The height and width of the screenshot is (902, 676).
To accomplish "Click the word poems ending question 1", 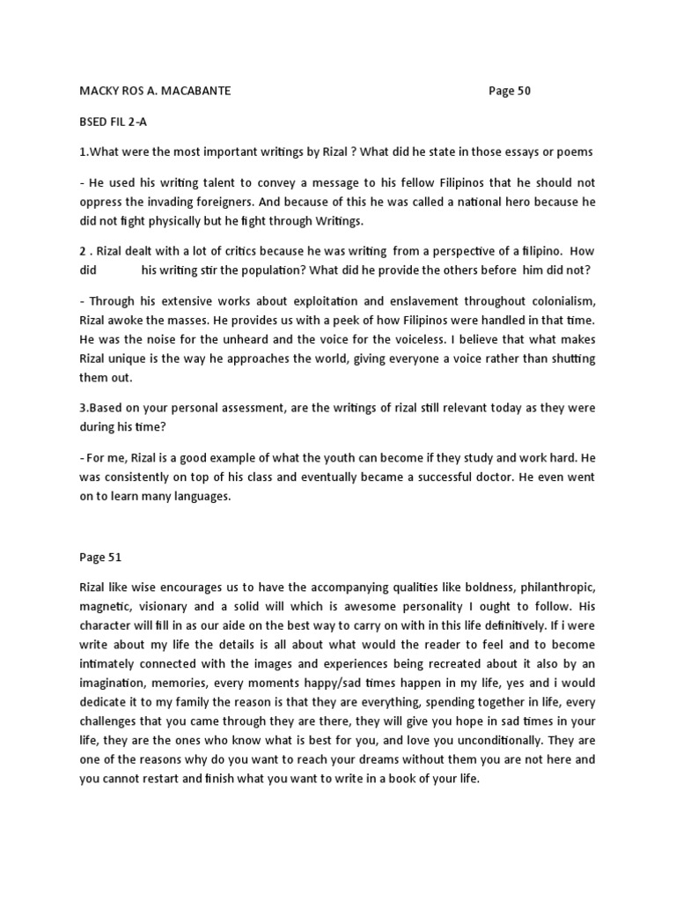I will point(574,152).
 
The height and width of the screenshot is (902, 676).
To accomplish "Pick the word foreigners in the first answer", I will point(224,201).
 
